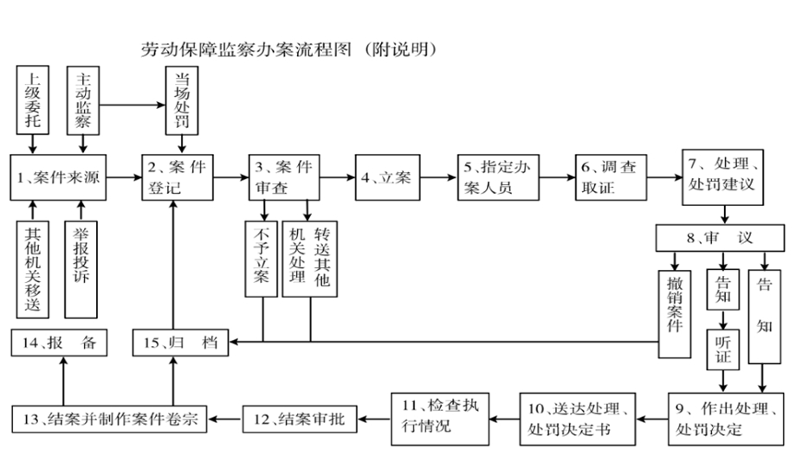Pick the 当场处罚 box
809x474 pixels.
tap(183, 102)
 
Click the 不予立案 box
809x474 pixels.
tap(262, 259)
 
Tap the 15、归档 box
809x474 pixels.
tap(179, 343)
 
